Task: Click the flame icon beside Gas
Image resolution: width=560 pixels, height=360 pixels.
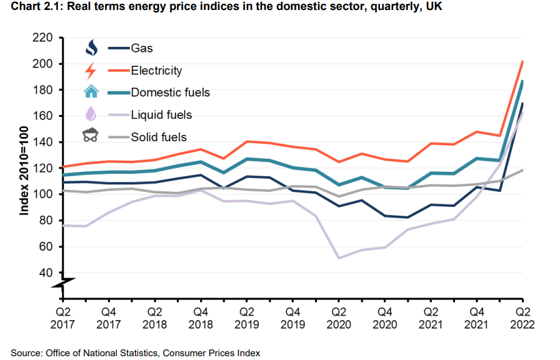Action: click(91, 47)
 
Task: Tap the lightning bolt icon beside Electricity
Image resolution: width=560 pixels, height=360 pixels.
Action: click(91, 71)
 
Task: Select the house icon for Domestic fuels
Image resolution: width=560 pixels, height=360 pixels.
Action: click(91, 91)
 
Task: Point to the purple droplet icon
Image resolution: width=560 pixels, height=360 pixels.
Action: click(91, 114)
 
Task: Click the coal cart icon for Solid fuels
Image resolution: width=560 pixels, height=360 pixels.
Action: click(91, 135)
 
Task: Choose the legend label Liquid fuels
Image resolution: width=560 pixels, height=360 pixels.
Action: click(161, 115)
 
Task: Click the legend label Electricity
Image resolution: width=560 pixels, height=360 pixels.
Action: click(156, 71)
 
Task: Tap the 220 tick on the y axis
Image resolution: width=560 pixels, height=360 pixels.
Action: click(42, 37)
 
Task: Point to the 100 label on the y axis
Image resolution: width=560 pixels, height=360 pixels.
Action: click(42, 194)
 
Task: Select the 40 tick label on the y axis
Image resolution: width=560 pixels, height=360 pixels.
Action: click(46, 273)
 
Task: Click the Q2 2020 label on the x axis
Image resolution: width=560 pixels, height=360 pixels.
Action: click(339, 318)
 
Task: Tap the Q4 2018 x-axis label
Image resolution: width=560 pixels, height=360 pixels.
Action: click(201, 318)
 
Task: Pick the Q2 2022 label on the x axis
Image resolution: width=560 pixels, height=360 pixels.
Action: click(522, 318)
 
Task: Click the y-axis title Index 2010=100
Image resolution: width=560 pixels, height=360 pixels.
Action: click(24, 171)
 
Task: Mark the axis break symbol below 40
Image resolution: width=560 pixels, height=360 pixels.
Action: click(63, 283)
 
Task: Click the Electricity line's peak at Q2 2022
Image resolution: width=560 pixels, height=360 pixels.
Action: click(522, 61)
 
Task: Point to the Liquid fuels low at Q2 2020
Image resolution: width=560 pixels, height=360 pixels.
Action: click(339, 258)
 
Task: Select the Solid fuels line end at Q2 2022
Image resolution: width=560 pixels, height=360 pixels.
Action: click(522, 170)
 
